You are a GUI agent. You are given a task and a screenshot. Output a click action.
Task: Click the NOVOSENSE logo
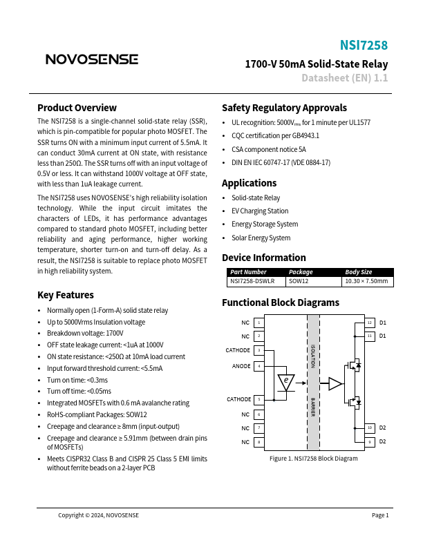click(91, 59)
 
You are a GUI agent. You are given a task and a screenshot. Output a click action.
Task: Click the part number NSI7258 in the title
click(364, 46)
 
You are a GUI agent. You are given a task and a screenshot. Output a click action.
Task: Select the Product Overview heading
click(77, 108)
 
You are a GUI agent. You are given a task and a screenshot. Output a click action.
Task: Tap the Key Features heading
click(66, 295)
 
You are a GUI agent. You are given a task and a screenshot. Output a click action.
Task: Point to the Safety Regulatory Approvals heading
click(284, 108)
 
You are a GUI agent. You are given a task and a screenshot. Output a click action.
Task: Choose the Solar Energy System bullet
click(261, 238)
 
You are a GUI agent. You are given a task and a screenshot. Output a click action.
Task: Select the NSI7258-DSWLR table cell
click(252, 281)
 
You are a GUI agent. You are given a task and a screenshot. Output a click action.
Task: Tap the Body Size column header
click(359, 272)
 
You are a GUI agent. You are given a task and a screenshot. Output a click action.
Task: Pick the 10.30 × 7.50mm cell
click(367, 281)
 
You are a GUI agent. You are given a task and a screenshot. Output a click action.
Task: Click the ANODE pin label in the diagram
click(241, 365)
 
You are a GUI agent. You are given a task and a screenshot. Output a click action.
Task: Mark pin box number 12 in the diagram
click(369, 323)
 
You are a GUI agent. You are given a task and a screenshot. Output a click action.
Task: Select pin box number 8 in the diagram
click(258, 441)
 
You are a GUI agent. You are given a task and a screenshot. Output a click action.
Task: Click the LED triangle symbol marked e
click(285, 381)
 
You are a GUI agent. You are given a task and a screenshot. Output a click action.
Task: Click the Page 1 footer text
click(380, 515)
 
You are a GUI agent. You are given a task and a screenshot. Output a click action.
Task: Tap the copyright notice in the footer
click(98, 515)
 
